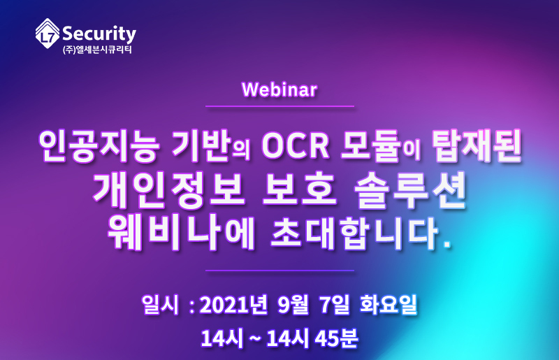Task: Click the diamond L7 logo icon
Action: coord(48,33)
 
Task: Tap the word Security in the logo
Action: coord(99,34)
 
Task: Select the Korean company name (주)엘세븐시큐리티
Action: coord(97,50)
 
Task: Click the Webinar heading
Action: coord(279,89)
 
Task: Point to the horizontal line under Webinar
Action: coord(280,106)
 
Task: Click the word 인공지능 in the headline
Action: coord(99,146)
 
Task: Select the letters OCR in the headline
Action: coord(295,146)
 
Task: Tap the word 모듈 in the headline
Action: coord(370,147)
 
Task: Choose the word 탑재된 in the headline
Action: coord(477,146)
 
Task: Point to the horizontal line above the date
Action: coord(280,271)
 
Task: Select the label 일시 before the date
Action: coord(160,305)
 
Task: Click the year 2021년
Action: coord(233,305)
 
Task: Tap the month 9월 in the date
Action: coord(293,305)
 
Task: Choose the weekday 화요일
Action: coord(389,305)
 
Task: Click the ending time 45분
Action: coord(336,338)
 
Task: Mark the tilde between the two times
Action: coord(254,338)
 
